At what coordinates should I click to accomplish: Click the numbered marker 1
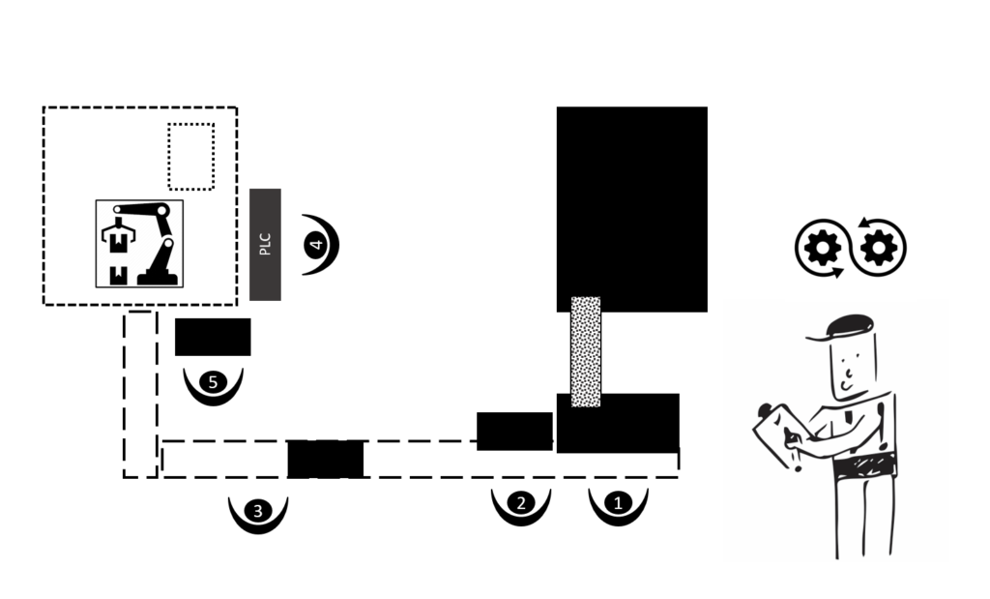(618, 503)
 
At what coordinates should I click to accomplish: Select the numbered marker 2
(521, 503)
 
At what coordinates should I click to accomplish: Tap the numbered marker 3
(257, 511)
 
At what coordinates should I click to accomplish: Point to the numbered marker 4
(316, 245)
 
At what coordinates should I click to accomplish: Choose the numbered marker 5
(213, 382)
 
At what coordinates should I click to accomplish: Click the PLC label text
(265, 245)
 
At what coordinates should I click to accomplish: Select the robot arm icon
(139, 244)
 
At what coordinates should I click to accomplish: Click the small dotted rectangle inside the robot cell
(191, 157)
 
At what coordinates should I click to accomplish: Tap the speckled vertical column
(586, 352)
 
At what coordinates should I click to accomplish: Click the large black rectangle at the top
(632, 209)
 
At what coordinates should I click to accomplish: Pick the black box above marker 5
(213, 337)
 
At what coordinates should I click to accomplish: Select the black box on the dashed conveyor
(326, 460)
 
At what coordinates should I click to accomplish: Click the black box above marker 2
(514, 432)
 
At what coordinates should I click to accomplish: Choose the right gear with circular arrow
(879, 247)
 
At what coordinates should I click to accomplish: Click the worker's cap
(843, 327)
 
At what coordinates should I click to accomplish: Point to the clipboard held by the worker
(780, 434)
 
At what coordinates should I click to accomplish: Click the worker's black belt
(864, 468)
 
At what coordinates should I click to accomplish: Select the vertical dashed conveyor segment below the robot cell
(140, 394)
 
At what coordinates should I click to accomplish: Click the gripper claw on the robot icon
(118, 236)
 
